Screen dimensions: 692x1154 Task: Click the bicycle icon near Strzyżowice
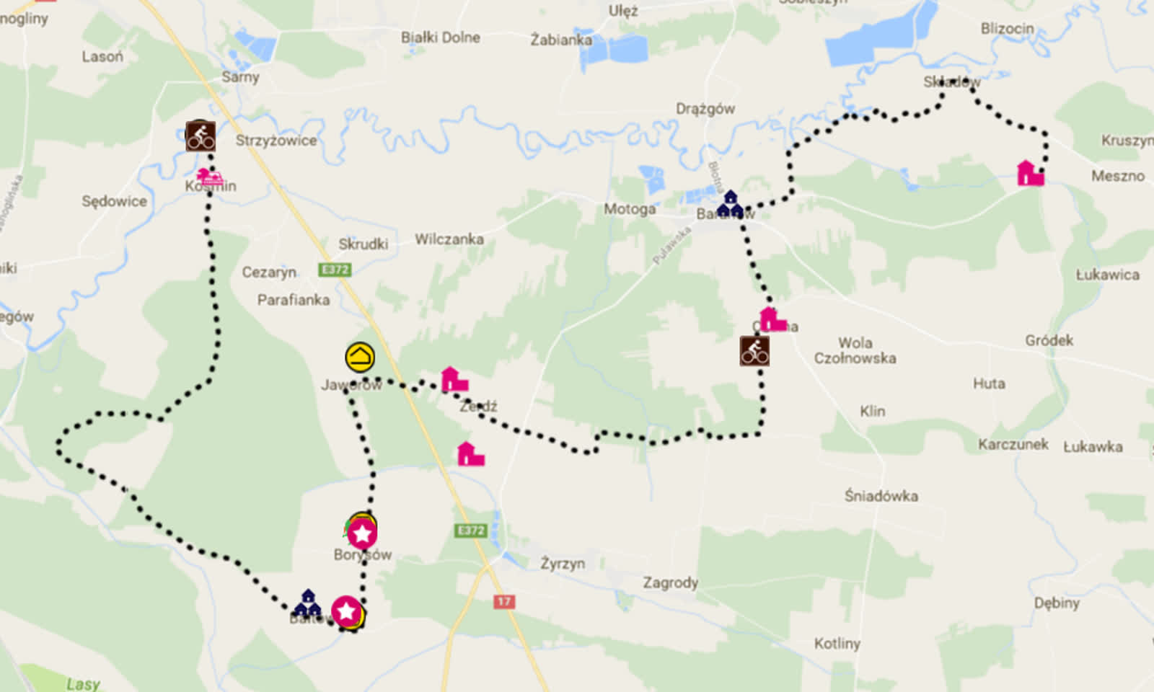[201, 136]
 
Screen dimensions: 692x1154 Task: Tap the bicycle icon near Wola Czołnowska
[754, 351]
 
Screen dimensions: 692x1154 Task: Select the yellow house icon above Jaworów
[360, 357]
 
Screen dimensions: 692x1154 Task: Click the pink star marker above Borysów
[362, 533]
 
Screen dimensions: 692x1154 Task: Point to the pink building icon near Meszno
[1030, 174]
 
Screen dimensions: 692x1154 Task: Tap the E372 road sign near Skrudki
[335, 270]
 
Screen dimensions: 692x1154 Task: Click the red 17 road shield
[504, 601]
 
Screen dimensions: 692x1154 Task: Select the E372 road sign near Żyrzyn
[471, 531]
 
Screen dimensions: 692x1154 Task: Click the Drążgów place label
[705, 109]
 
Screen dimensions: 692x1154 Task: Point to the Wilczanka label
[449, 239]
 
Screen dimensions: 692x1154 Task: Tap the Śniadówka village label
[881, 496]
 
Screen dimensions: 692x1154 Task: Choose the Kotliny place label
[837, 643]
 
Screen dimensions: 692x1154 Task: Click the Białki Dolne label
[440, 37]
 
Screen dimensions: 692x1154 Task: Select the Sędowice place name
[114, 201]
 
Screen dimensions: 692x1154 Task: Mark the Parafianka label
[294, 300]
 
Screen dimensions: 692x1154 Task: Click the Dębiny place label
[1057, 603]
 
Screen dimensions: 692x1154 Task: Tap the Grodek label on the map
[1049, 340]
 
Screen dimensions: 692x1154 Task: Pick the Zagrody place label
[670, 582]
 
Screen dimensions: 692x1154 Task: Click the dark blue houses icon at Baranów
[730, 204]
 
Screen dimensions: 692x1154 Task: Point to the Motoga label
[630, 209]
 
